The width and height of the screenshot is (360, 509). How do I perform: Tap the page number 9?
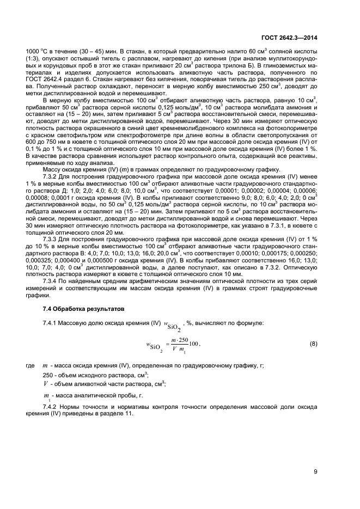point(315,471)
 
